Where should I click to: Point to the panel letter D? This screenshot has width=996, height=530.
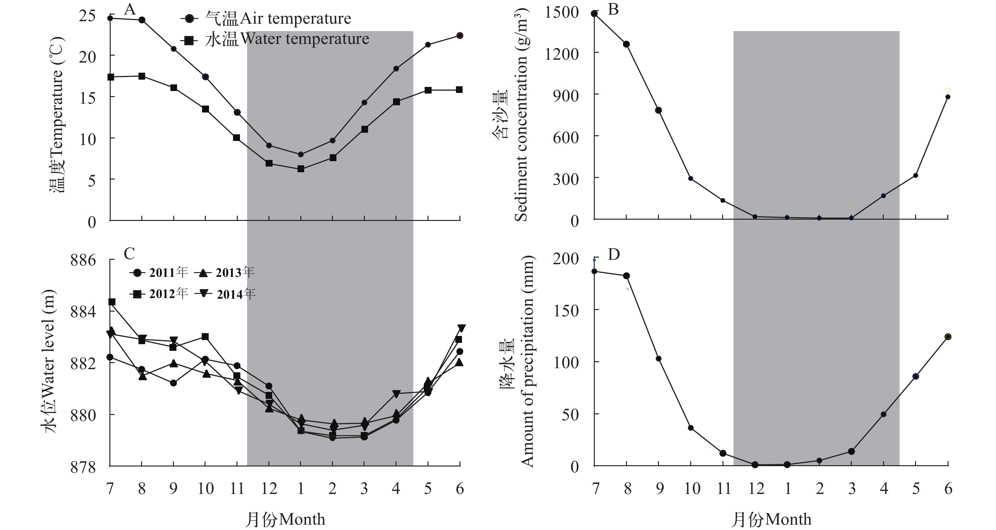coord(614,254)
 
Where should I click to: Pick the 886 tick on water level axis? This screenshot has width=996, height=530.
coord(83,260)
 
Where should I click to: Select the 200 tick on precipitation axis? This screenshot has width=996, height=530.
coord(566,259)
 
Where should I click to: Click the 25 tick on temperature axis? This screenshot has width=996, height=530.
coord(87,16)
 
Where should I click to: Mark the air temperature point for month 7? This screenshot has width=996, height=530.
coord(110,18)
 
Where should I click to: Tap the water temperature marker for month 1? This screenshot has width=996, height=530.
coord(301,169)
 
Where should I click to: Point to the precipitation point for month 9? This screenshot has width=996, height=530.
coord(658,359)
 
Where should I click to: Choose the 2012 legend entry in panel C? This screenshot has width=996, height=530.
coord(159,294)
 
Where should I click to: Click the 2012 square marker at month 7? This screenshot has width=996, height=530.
coord(112,302)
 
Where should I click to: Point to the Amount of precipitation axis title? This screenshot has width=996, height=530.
coord(526,362)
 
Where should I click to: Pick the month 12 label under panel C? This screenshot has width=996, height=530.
coord(269,489)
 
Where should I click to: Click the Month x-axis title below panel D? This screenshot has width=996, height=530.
coord(772,519)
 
